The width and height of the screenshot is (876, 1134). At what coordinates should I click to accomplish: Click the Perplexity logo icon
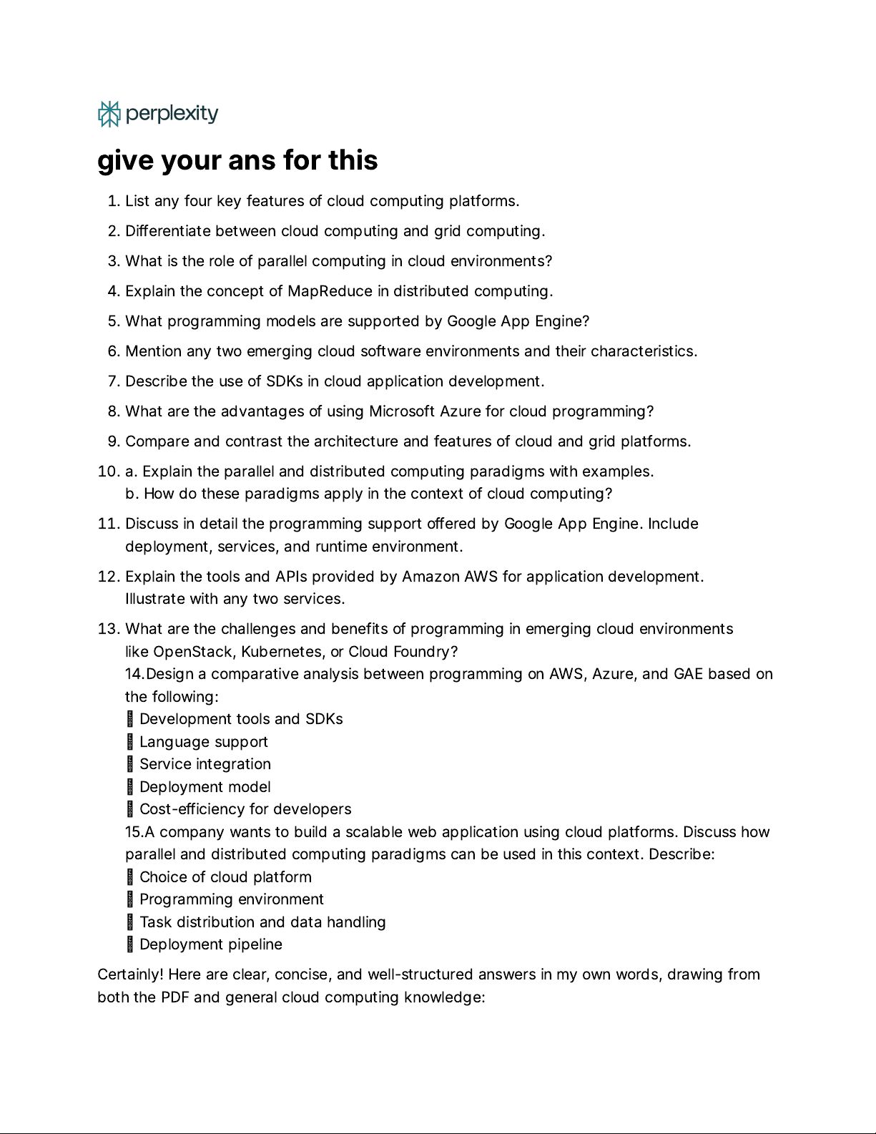(109, 114)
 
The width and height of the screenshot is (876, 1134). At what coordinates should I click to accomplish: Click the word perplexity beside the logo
(172, 114)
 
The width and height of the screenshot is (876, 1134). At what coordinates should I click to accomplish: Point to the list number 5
(113, 321)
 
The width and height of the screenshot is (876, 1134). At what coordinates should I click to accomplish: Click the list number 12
(108, 577)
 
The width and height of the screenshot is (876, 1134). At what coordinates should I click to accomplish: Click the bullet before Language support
(130, 742)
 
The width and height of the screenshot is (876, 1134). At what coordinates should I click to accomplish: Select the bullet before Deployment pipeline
(130, 944)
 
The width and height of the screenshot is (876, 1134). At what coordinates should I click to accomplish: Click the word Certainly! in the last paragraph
(130, 974)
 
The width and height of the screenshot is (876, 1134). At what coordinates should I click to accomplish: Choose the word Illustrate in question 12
(155, 599)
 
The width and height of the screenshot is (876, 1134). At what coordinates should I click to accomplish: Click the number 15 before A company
(134, 832)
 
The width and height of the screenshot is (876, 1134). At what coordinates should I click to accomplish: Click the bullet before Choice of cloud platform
(130, 877)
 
